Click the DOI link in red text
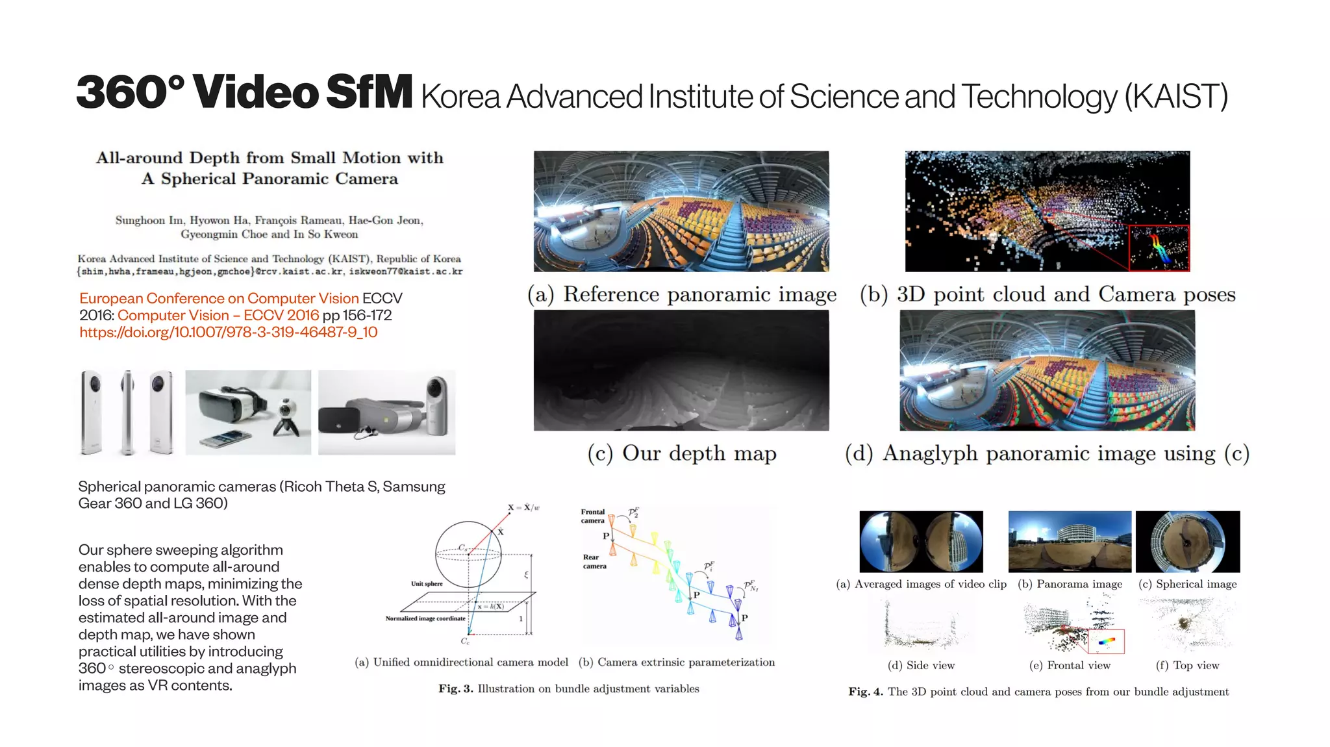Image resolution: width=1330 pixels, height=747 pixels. [228, 333]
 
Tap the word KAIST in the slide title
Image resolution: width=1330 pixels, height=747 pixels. [1175, 97]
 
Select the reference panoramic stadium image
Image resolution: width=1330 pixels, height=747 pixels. [681, 211]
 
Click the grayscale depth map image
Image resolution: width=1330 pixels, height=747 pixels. [681, 370]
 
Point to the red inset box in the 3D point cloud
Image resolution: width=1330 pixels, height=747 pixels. [1159, 247]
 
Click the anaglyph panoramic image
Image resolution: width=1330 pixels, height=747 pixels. [1047, 370]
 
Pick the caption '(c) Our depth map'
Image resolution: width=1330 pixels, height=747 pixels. [681, 453]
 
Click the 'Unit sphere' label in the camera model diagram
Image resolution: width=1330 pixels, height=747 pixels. [427, 583]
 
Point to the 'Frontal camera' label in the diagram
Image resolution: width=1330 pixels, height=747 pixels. [592, 516]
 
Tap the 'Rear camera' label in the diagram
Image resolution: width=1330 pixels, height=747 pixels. [594, 561]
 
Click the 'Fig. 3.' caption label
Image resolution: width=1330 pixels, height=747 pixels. [455, 689]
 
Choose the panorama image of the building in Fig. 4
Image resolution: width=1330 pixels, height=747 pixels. [1070, 541]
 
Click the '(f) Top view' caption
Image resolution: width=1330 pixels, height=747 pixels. [1187, 665]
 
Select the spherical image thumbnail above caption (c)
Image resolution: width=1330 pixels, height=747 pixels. [1187, 541]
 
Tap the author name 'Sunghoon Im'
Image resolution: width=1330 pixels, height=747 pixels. [149, 220]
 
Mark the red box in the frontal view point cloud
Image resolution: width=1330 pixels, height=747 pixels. [1106, 641]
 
